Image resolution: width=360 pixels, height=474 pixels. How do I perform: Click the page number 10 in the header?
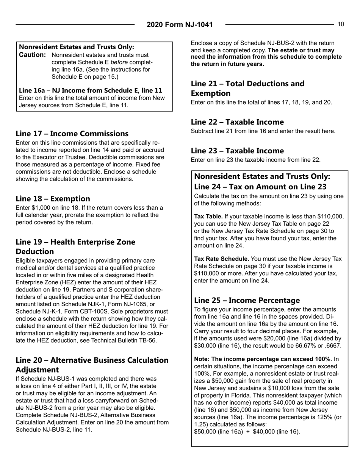pos(341,25)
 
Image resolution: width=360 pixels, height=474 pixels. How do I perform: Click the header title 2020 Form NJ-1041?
pos(180,25)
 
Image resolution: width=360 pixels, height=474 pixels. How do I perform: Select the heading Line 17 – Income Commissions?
pos(72,134)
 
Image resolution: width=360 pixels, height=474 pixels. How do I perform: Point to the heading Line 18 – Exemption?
pos(53,198)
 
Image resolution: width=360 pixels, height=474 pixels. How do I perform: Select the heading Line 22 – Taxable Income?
pos(237,122)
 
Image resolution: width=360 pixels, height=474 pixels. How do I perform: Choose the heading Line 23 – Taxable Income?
pos(237,150)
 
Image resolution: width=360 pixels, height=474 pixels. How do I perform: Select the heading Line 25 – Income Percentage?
pos(247,300)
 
